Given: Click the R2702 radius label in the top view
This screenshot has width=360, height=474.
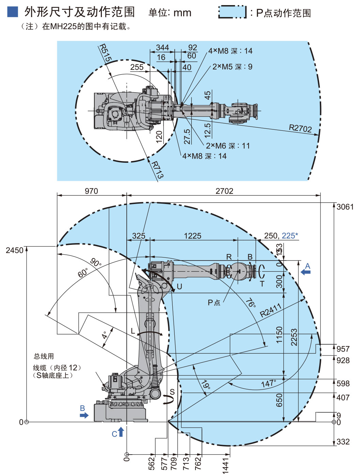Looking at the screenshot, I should tap(300, 128).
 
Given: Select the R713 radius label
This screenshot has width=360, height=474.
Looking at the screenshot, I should tap(157, 170).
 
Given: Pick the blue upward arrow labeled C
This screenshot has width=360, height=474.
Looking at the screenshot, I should tap(121, 432).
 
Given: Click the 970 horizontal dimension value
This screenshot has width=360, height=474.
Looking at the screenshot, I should tap(91, 191).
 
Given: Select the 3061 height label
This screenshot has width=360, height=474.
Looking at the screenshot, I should tap(345, 207).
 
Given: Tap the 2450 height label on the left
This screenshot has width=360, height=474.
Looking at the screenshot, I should tap(15, 250).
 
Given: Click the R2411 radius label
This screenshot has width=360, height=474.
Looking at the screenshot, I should tap(271, 310).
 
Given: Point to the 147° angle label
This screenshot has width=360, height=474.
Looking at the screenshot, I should tap(268, 384).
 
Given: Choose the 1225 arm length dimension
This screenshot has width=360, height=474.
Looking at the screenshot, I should tap(192, 236).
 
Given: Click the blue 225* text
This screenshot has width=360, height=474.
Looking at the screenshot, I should tap(289, 236).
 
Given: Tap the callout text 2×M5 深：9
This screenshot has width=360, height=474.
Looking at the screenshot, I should tap(232, 67).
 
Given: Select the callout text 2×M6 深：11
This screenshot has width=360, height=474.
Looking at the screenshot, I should tap(228, 146).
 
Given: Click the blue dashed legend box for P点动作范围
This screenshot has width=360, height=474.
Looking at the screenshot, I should tap(232, 12).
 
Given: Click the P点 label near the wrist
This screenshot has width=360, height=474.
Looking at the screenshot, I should tap(214, 302).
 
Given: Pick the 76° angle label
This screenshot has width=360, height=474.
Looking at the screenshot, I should tap(250, 303).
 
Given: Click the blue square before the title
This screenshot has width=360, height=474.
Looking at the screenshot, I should tap(13, 12).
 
